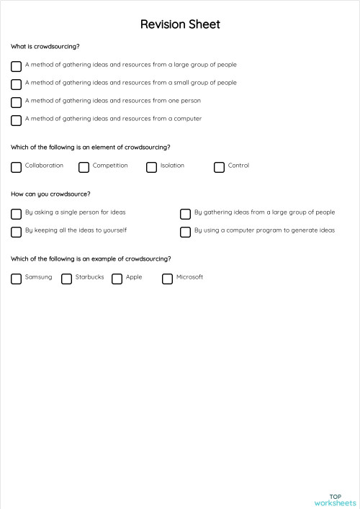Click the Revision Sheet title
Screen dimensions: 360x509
pyautogui.click(x=180, y=24)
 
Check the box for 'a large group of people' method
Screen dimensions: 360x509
pyautogui.click(x=16, y=66)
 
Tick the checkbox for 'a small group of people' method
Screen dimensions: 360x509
pyautogui.click(x=16, y=84)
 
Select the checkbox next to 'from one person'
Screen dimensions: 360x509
pyautogui.click(x=16, y=102)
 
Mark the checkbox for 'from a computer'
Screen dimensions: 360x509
pyautogui.click(x=16, y=120)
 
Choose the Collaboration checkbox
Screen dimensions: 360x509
pyautogui.click(x=16, y=167)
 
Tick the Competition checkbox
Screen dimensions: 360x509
pyautogui.click(x=84, y=167)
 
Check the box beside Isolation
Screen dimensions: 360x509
pyautogui.click(x=151, y=167)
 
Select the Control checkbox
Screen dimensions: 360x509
pyautogui.click(x=219, y=167)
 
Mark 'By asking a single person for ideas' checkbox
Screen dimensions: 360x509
pyautogui.click(x=16, y=214)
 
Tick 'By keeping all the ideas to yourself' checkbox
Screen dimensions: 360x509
pyautogui.click(x=16, y=232)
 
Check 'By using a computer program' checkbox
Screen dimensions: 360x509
pyautogui.click(x=185, y=232)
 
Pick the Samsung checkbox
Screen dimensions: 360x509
pyautogui.click(x=16, y=279)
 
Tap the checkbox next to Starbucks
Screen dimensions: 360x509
pyautogui.click(x=66, y=279)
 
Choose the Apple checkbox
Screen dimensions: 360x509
pyautogui.click(x=117, y=279)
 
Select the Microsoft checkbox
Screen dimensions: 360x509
pyautogui.click(x=167, y=279)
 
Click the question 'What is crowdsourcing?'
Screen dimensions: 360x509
pyautogui.click(x=45, y=47)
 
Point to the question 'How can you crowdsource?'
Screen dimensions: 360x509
pyautogui.click(x=50, y=194)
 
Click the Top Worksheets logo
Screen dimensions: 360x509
pyautogui.click(x=336, y=500)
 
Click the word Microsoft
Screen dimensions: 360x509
pyautogui.click(x=189, y=277)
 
